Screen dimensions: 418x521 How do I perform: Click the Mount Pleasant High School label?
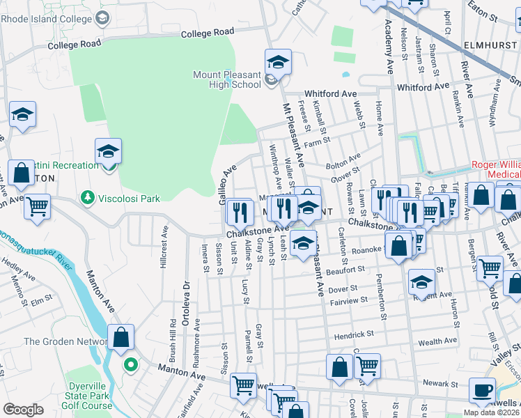click(x=227, y=79)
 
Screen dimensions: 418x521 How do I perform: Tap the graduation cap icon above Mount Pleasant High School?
click(x=277, y=63)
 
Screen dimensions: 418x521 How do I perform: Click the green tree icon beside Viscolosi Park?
click(x=87, y=199)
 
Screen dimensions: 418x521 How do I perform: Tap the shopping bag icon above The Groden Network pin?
click(x=120, y=337)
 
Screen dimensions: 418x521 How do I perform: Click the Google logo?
click(x=23, y=410)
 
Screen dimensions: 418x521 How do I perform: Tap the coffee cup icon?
click(x=481, y=390)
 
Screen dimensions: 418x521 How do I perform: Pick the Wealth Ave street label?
click(x=437, y=341)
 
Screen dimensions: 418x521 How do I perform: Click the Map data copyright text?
click(x=492, y=412)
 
